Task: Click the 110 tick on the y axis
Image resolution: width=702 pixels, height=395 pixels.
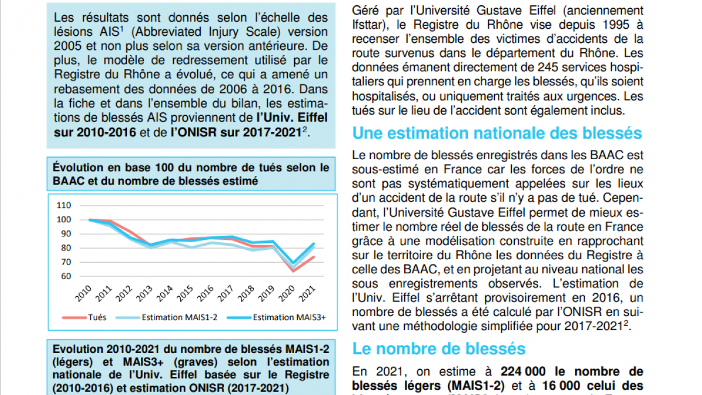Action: click(64, 205)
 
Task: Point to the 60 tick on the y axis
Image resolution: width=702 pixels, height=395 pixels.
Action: click(66, 276)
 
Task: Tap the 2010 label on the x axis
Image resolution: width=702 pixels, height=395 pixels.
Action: click(83, 294)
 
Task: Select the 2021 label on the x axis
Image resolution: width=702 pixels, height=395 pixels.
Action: click(307, 294)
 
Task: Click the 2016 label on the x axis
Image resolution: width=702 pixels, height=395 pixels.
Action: click(205, 294)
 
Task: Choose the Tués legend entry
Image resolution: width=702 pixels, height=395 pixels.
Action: click(84, 317)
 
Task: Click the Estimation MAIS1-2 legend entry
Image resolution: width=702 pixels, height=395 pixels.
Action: click(166, 317)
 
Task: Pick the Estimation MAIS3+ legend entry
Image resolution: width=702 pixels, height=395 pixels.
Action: click(276, 317)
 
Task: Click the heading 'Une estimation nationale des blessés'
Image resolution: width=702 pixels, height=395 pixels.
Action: click(497, 133)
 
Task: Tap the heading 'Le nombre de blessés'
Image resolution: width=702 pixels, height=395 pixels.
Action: click(439, 349)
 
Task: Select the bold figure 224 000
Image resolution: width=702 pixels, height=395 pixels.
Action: click(523, 371)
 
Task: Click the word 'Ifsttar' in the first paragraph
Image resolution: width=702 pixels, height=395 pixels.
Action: click(370, 25)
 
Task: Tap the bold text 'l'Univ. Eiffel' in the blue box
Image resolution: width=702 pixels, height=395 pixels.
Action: click(292, 118)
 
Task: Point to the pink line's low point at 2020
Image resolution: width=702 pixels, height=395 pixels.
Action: click(294, 270)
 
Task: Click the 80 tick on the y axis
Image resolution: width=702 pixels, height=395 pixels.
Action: click(66, 248)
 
